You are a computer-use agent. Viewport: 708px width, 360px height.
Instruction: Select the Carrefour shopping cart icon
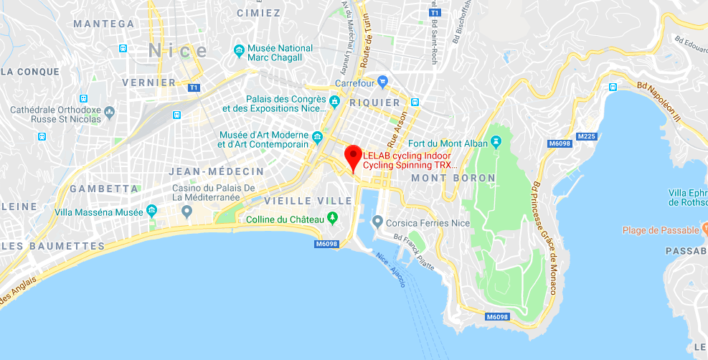pyautogui.click(x=382, y=81)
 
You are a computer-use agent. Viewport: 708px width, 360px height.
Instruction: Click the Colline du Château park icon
pyautogui.click(x=332, y=217)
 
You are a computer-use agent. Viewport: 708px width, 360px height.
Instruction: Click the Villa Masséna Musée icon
pyautogui.click(x=151, y=211)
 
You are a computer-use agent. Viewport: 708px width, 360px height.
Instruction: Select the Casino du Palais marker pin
pyautogui.click(x=187, y=211)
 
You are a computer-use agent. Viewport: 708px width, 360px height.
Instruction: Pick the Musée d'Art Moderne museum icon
pyautogui.click(x=316, y=136)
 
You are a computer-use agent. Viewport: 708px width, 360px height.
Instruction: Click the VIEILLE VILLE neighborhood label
pyautogui.click(x=308, y=201)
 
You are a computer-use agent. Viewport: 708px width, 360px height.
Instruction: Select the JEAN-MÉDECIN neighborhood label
pyautogui.click(x=216, y=172)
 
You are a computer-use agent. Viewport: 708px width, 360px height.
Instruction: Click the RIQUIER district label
pyautogui.click(x=374, y=103)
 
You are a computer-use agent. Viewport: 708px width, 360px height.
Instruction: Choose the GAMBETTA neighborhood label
pyautogui.click(x=104, y=189)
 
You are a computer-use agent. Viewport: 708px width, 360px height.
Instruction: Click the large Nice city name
pyautogui.click(x=178, y=51)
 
